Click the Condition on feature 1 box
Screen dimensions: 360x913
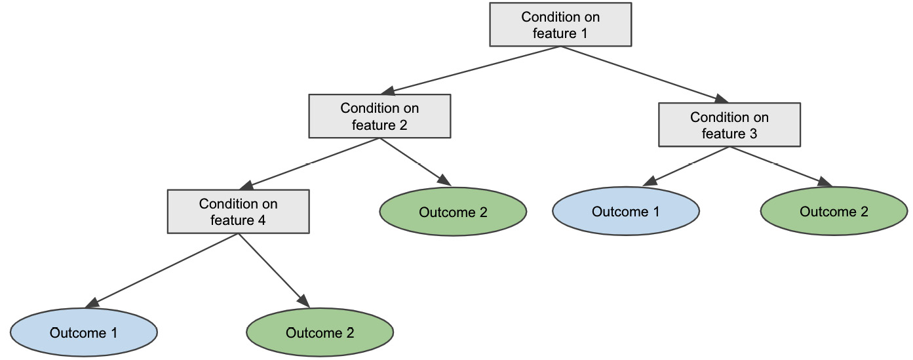click(x=560, y=25)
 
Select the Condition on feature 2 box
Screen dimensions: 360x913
click(x=379, y=116)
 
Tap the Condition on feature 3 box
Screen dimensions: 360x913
click(x=729, y=125)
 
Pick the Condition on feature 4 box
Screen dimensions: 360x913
click(x=238, y=212)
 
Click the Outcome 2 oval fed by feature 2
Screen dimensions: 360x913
click(x=453, y=212)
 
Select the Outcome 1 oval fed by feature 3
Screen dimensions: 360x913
click(x=625, y=212)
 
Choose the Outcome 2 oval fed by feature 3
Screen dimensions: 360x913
click(x=834, y=212)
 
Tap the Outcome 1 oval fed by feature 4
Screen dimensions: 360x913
click(x=83, y=332)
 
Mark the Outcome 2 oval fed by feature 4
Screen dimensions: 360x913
click(x=320, y=332)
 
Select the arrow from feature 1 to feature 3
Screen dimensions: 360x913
click(x=645, y=71)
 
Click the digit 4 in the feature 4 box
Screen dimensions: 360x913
click(x=262, y=220)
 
